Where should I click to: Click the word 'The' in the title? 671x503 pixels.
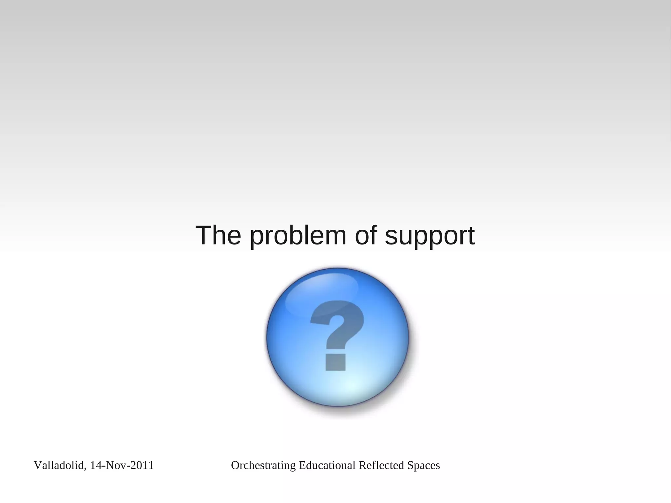tap(218, 235)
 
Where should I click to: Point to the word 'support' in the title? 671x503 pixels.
tap(430, 237)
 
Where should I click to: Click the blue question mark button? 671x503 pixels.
tap(337, 337)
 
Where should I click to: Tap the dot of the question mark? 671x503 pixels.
tap(335, 362)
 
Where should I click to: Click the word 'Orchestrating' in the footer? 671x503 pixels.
tap(263, 465)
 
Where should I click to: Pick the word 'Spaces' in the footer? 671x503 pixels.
tap(423, 466)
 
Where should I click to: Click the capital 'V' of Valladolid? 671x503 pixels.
tap(37, 465)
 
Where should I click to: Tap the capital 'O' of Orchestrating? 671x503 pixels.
tap(235, 465)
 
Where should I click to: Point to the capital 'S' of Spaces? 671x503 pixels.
tap(410, 465)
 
